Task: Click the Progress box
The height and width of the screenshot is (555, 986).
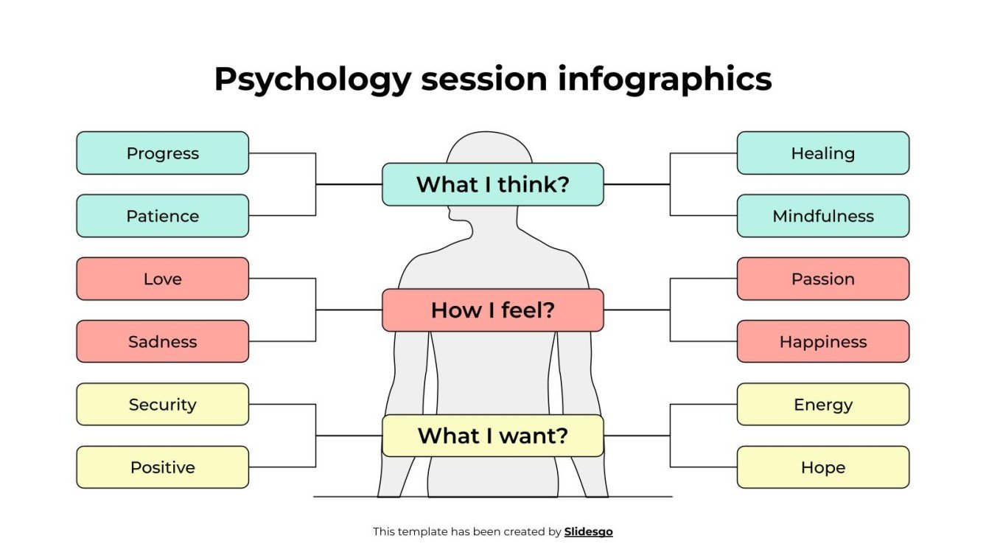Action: pyautogui.click(x=162, y=153)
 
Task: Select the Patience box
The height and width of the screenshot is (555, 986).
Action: pyautogui.click(x=162, y=216)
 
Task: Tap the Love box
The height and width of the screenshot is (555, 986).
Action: pyautogui.click(x=162, y=279)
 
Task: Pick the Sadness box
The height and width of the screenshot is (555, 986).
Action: pyautogui.click(x=162, y=341)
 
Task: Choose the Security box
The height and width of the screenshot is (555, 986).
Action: pyautogui.click(x=162, y=404)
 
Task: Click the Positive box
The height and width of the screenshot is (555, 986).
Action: pyautogui.click(x=162, y=467)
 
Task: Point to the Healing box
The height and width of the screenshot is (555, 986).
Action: pyautogui.click(x=822, y=153)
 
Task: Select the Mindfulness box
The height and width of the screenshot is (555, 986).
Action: pyautogui.click(x=822, y=216)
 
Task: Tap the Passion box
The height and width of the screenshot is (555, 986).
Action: pyautogui.click(x=822, y=279)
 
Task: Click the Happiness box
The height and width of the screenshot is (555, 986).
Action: pyautogui.click(x=822, y=341)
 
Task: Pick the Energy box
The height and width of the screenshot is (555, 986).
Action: pyautogui.click(x=822, y=404)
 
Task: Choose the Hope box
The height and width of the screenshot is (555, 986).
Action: pyautogui.click(x=822, y=467)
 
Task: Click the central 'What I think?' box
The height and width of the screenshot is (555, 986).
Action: pyautogui.click(x=492, y=184)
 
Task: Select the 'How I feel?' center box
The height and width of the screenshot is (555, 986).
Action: pyautogui.click(x=492, y=310)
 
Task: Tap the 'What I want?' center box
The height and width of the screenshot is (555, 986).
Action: pyautogui.click(x=492, y=436)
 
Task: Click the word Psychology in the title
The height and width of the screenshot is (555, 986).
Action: pyautogui.click(x=312, y=80)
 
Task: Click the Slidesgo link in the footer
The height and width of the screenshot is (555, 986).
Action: pyautogui.click(x=588, y=531)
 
